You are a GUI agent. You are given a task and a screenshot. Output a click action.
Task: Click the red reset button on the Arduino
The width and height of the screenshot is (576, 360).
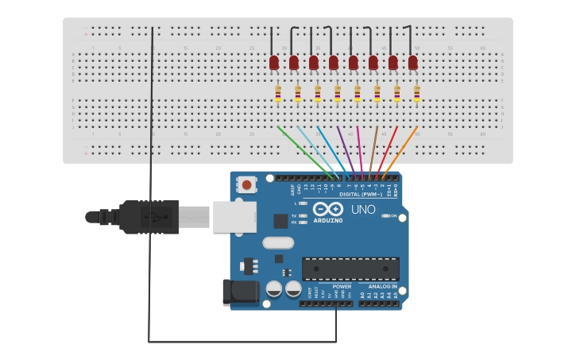[x=246, y=185]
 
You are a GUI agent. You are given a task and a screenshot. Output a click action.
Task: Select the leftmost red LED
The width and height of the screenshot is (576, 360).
[x=274, y=62]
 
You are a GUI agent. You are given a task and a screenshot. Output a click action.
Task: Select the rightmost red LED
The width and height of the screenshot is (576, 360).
[x=413, y=62]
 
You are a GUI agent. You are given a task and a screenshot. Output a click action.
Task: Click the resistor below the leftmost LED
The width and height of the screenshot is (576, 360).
[x=278, y=94]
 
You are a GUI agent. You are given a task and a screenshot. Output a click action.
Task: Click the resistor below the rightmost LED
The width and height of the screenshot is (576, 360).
[x=416, y=94]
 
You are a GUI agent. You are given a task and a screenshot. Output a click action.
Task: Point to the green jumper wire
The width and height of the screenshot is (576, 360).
[x=306, y=152]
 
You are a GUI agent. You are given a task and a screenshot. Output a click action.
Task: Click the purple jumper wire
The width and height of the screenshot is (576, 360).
[x=346, y=152]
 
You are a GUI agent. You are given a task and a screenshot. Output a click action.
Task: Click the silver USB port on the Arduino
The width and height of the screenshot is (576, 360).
[x=234, y=216]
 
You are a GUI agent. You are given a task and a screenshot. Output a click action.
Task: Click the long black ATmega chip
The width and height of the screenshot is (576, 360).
[x=350, y=269]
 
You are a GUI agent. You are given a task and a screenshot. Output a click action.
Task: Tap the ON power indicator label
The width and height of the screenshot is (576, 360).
[x=393, y=215]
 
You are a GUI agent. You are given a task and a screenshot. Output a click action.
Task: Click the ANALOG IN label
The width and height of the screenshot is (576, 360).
[x=381, y=287]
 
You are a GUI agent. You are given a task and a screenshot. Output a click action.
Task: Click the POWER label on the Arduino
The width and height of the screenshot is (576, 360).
[x=342, y=287]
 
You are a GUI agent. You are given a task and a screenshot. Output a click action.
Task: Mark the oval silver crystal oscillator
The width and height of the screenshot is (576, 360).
[x=277, y=243]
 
